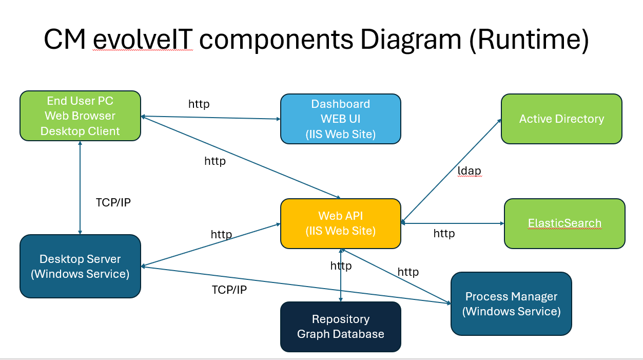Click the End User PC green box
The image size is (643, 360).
tap(80, 116)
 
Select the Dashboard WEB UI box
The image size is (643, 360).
tap(341, 119)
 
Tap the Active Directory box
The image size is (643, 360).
tap(561, 119)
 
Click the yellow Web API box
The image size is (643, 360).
tap(341, 223)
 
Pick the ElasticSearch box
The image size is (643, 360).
tap(564, 223)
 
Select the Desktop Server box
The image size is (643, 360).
tap(80, 267)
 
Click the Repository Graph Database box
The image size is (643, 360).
tap(341, 327)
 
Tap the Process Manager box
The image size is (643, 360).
tap(511, 304)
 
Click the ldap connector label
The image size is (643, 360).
tap(469, 171)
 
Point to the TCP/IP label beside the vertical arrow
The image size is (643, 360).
tap(113, 202)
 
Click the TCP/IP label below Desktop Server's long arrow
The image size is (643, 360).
tap(229, 290)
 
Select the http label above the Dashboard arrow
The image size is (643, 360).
tap(199, 104)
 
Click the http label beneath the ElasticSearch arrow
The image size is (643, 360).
tap(444, 233)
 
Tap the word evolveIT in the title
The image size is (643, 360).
tap(143, 40)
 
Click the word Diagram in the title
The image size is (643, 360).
tap(411, 40)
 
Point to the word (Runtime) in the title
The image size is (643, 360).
tap(529, 40)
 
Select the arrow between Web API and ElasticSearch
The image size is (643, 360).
tap(453, 223)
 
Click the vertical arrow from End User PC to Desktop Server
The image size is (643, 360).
tap(80, 188)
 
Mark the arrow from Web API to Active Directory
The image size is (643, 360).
tap(451, 171)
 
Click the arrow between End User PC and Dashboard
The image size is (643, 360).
tap(211, 118)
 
